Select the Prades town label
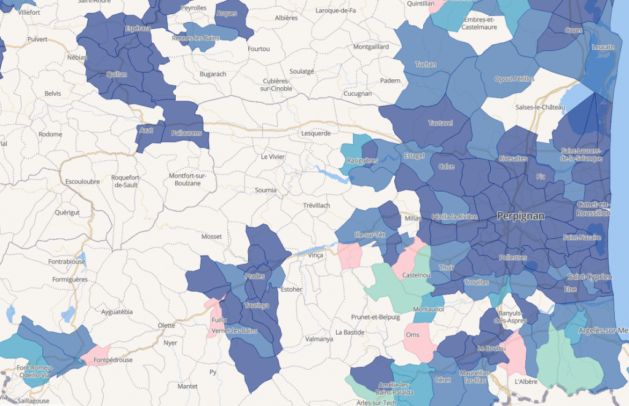click(x=254, y=276)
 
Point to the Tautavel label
click(x=440, y=123)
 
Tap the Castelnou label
click(x=416, y=275)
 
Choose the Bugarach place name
click(x=213, y=74)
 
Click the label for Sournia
click(x=265, y=190)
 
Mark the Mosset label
click(x=211, y=236)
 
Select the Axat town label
click(x=146, y=130)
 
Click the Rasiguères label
click(x=362, y=161)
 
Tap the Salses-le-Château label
click(x=540, y=107)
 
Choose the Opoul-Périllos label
click(x=514, y=79)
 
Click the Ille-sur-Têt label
click(x=370, y=235)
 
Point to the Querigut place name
click(x=68, y=212)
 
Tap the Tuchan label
click(x=426, y=64)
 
